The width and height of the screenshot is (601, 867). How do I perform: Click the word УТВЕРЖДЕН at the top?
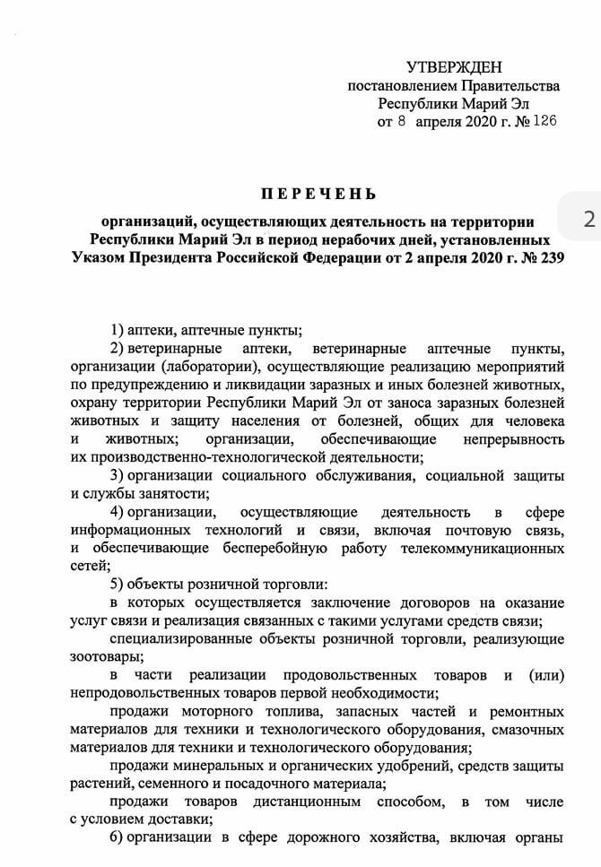(454, 67)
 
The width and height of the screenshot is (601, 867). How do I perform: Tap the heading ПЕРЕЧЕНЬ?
(318, 194)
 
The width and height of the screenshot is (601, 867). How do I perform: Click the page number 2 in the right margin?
(588, 219)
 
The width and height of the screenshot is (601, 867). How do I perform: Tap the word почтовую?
(445, 531)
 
